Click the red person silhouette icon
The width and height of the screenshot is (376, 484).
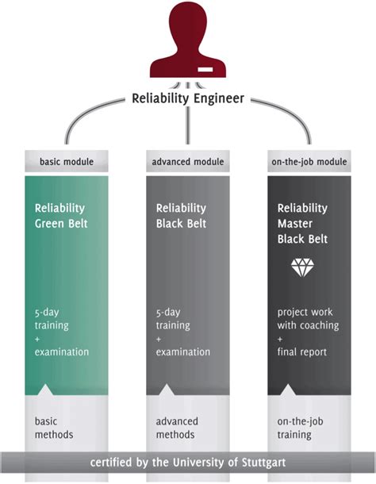(x=188, y=40)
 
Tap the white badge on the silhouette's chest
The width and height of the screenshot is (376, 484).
(x=205, y=70)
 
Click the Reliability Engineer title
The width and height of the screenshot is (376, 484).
(x=188, y=98)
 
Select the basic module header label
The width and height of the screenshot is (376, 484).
(x=67, y=161)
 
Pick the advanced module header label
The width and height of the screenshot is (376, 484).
(x=188, y=161)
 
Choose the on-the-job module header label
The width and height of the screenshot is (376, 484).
(x=309, y=161)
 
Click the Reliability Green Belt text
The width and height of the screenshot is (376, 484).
(x=61, y=216)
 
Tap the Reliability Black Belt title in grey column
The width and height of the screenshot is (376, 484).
(x=181, y=216)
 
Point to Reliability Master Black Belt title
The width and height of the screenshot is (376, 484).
(x=302, y=224)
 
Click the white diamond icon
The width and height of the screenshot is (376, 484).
(x=302, y=267)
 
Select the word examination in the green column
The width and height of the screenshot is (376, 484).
(x=62, y=351)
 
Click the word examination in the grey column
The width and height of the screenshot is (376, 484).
(x=183, y=351)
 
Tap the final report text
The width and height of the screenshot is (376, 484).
(x=302, y=351)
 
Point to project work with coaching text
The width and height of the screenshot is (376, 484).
(x=308, y=319)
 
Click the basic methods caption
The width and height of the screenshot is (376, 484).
(x=54, y=428)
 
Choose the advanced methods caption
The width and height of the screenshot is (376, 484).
(x=177, y=428)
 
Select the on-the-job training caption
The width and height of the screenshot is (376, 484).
(x=301, y=428)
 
